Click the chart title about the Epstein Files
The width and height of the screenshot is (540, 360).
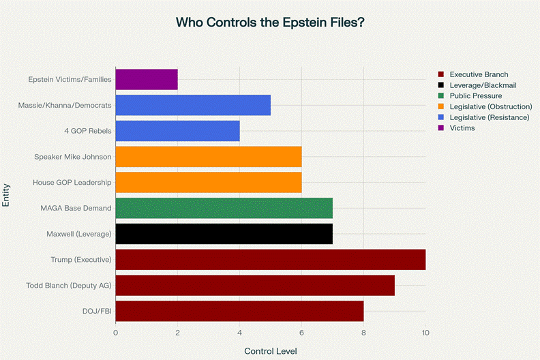pyautogui.click(x=270, y=22)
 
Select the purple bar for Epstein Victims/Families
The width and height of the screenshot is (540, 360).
pyautogui.click(x=147, y=79)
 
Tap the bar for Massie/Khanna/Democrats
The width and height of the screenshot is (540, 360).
pyautogui.click(x=193, y=105)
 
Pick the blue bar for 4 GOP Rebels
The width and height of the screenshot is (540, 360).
pyautogui.click(x=177, y=131)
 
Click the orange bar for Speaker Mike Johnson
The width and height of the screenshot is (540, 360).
pyautogui.click(x=209, y=157)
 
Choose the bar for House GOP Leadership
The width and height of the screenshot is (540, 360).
pyautogui.click(x=209, y=182)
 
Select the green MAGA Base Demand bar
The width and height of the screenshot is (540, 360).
pyautogui.click(x=224, y=208)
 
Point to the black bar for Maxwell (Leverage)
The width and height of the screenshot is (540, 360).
pyautogui.click(x=224, y=234)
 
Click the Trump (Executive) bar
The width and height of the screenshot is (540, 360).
pyautogui.click(x=271, y=260)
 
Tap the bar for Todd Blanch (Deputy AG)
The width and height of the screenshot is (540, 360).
pyautogui.click(x=255, y=286)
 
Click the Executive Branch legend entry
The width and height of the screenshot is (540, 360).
pyautogui.click(x=479, y=74)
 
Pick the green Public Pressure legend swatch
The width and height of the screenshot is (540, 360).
pyautogui.click(x=442, y=96)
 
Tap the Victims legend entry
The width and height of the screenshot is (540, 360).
pyautogui.click(x=463, y=127)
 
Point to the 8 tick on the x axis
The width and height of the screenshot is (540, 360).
pyautogui.click(x=363, y=333)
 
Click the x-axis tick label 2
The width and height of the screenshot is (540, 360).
pyautogui.click(x=177, y=333)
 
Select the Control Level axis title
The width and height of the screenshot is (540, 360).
pyautogui.click(x=270, y=350)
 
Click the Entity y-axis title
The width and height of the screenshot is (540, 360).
pyautogui.click(x=7, y=194)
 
